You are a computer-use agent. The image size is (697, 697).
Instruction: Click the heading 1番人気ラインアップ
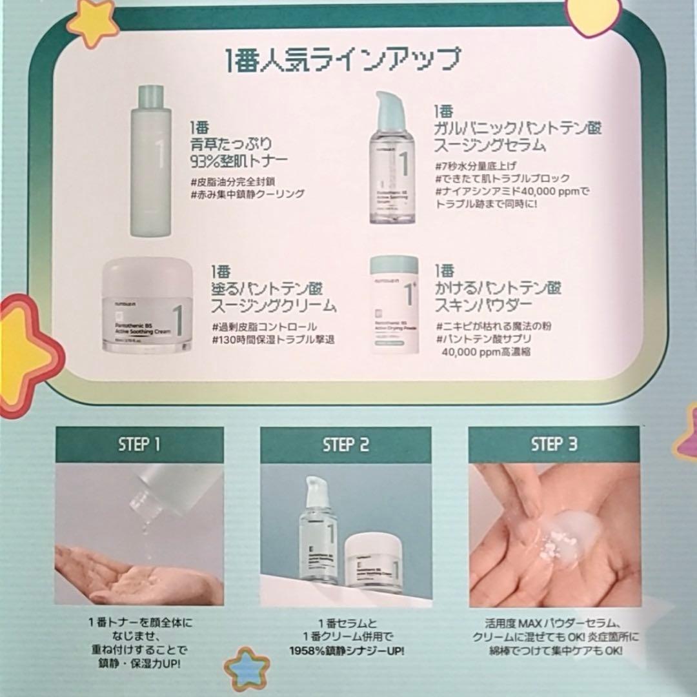pyautogui.click(x=343, y=60)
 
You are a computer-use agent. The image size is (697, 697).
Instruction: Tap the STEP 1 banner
pyautogui.click(x=139, y=445)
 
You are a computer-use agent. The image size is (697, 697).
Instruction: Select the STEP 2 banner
pyautogui.click(x=345, y=445)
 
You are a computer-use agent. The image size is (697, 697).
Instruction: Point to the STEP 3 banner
pyautogui.click(x=554, y=444)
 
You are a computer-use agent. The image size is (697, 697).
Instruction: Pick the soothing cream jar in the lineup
pyautogui.click(x=148, y=307)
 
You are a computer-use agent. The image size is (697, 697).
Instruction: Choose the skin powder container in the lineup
pyautogui.click(x=394, y=305)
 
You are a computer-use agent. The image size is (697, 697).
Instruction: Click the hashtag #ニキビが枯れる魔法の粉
pyautogui.click(x=494, y=327)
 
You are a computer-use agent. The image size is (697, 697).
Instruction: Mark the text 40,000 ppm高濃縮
pyautogui.click(x=486, y=352)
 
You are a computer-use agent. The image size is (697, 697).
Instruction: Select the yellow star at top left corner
pyautogui.click(x=94, y=22)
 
